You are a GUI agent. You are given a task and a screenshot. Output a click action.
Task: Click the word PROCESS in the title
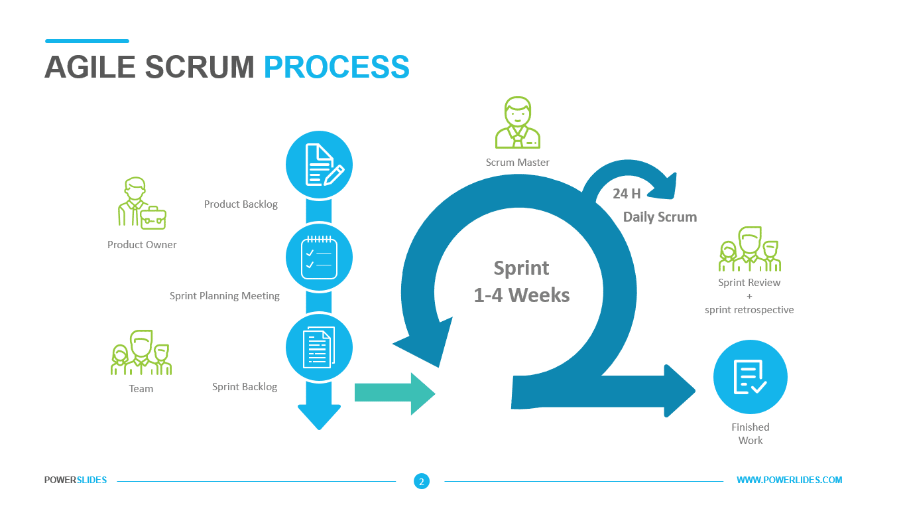tap(336, 67)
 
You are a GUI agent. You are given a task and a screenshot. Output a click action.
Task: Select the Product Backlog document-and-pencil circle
tap(319, 165)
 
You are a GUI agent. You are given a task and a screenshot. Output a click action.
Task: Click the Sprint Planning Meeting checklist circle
tap(319, 256)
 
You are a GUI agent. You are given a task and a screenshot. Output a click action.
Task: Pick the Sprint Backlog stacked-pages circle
tap(319, 346)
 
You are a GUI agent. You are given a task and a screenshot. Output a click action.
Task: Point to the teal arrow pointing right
tap(394, 394)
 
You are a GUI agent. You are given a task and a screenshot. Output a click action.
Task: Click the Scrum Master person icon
tap(517, 123)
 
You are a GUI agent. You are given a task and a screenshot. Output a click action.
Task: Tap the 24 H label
tap(627, 194)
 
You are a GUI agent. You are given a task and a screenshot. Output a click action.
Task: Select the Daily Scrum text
tap(660, 217)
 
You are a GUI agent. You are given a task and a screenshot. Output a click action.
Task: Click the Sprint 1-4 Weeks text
tap(522, 281)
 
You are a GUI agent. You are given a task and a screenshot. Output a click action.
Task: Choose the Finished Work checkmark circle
tap(750, 377)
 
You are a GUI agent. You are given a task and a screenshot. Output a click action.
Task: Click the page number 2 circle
tap(421, 481)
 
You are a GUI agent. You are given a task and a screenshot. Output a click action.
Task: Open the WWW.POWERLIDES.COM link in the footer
tap(789, 480)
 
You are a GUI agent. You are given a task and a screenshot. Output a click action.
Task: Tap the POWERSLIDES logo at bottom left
tap(76, 480)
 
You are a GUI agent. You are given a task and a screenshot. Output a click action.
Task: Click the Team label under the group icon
tap(141, 389)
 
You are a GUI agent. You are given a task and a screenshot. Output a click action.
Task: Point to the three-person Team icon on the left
tap(141, 353)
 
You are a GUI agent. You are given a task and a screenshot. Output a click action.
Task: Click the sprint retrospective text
tap(749, 310)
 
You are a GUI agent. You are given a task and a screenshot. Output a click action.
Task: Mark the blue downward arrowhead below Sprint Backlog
tap(319, 416)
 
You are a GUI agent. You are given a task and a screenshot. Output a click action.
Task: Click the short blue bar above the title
tap(87, 41)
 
